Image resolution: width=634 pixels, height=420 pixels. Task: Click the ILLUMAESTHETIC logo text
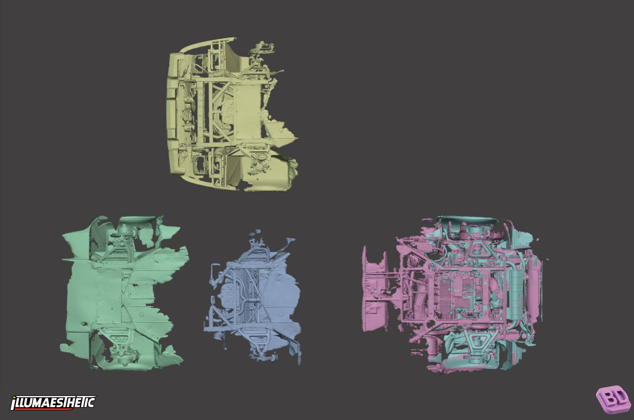pyautogui.click(x=54, y=402)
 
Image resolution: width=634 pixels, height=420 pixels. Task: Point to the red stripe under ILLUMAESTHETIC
pyautogui.click(x=53, y=409)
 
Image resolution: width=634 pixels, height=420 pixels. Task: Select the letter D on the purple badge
pyautogui.click(x=621, y=396)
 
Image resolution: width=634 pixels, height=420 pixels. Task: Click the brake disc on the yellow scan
pyautogui.click(x=263, y=45)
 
